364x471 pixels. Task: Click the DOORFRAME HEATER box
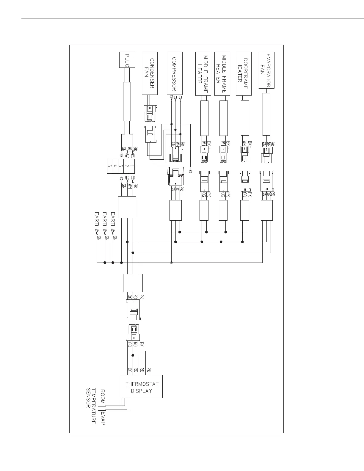(244, 74)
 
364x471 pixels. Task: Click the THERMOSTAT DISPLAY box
(141, 386)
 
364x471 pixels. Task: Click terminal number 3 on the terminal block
(121, 166)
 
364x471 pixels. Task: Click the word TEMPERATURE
(94, 406)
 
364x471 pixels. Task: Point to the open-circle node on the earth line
(172, 263)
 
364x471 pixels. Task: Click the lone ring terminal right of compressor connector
(191, 171)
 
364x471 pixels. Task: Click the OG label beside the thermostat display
(130, 370)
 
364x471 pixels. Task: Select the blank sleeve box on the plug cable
(127, 102)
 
